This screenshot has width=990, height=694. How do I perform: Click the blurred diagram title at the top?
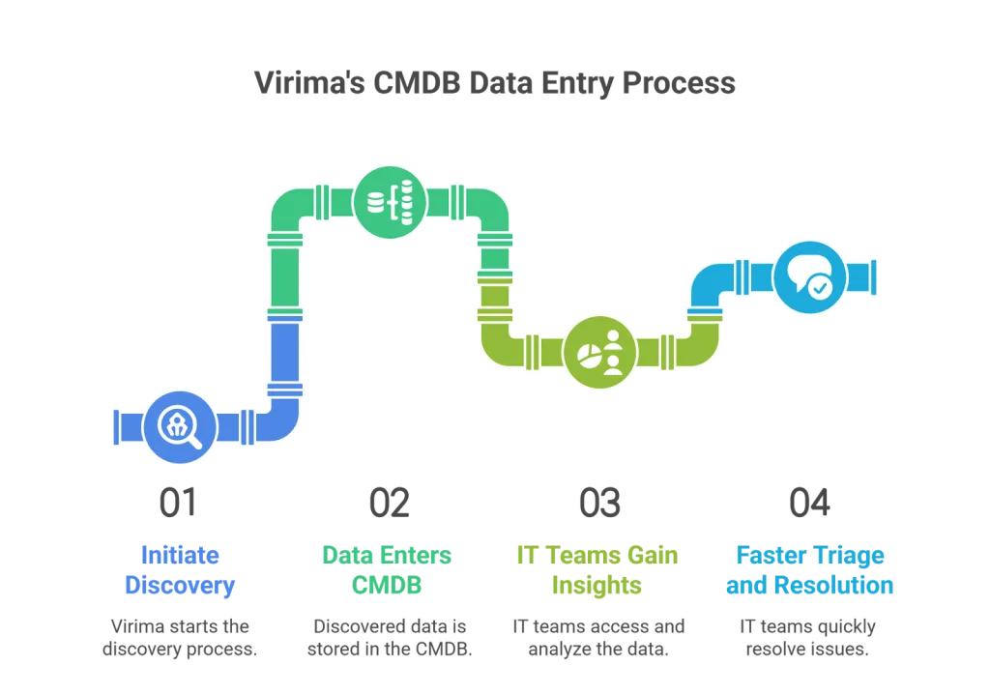coord(494,85)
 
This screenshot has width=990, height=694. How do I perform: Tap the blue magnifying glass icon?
coord(180,426)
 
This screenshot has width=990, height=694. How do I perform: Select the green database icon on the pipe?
coord(390,202)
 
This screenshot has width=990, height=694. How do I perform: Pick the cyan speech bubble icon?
coord(809,276)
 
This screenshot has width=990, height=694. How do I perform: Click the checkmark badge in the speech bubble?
coord(820,286)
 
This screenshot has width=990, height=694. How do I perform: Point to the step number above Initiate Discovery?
coord(180,500)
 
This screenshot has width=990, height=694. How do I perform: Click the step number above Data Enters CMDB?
coord(388,500)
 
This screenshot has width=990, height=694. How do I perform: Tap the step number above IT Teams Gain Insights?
coord(598,500)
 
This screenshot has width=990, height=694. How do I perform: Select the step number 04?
coord(809,500)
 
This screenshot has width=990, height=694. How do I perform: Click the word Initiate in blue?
coord(181,556)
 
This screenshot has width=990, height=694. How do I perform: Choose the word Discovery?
coord(181,585)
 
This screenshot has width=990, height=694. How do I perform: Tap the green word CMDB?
coord(387,585)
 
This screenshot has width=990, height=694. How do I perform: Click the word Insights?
coord(597,585)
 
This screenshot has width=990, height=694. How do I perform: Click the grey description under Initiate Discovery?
coord(181,637)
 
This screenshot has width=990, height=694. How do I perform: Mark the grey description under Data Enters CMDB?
coord(390,637)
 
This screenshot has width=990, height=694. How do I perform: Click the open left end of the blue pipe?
coord(115,426)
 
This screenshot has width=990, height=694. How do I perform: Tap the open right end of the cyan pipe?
coord(874,276)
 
